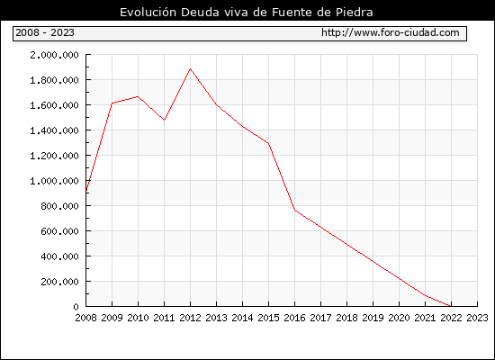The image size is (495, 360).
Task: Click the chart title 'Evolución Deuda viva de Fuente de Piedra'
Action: click(x=247, y=13)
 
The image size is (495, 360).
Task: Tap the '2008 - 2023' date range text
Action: click(x=45, y=32)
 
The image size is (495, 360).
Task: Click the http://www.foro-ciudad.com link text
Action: click(x=391, y=32)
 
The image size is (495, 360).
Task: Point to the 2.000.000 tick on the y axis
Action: click(x=54, y=55)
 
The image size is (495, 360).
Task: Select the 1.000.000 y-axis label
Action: click(x=54, y=181)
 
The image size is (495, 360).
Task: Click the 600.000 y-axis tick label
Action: click(x=59, y=231)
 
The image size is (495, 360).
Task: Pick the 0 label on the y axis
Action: click(x=76, y=307)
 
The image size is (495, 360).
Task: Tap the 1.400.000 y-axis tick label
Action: click(x=54, y=130)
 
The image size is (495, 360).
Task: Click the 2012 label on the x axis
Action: click(x=190, y=318)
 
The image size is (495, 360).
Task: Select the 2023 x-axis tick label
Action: click(x=477, y=318)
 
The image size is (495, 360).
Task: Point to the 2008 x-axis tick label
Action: click(x=85, y=318)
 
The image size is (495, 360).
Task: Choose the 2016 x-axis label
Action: click(x=294, y=318)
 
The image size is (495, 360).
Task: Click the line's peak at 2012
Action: click(x=190, y=68)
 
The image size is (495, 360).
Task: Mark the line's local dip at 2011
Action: click(x=164, y=120)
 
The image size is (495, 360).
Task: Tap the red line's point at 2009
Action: click(x=112, y=103)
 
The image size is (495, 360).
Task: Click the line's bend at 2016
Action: click(x=294, y=211)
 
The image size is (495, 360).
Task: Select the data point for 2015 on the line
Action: click(x=268, y=143)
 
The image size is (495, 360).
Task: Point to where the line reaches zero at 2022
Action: click(x=451, y=306)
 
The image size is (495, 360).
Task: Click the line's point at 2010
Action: click(x=138, y=96)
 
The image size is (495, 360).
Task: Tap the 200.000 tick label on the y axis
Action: click(x=59, y=282)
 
